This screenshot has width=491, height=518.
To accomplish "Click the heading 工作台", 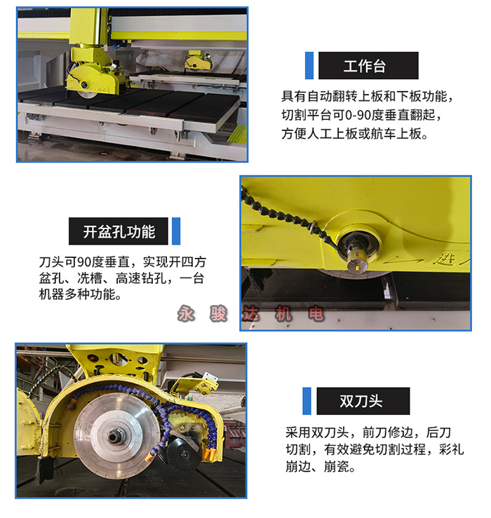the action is tap(365, 66).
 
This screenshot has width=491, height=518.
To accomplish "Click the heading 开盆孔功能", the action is tap(119, 231).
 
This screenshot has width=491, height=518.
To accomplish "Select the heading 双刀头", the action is tap(361, 402).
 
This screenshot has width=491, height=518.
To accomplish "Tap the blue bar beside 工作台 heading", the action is tap(309, 65).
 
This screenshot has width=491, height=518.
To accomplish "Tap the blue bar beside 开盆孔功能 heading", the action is tap(176, 231).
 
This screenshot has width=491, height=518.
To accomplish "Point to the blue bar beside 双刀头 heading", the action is tap(307, 401).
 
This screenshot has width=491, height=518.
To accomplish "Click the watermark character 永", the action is tap(186, 313).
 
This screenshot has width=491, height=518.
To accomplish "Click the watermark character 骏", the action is tap(218, 313).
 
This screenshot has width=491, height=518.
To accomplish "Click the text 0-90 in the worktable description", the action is tap(358, 115).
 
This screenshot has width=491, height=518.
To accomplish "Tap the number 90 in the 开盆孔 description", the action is tap(84, 262).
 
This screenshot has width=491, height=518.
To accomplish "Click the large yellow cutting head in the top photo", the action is tap(94, 74).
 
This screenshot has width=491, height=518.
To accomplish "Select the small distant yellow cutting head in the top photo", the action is tap(198, 60).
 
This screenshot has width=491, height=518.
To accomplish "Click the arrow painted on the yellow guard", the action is tap(404, 261).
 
